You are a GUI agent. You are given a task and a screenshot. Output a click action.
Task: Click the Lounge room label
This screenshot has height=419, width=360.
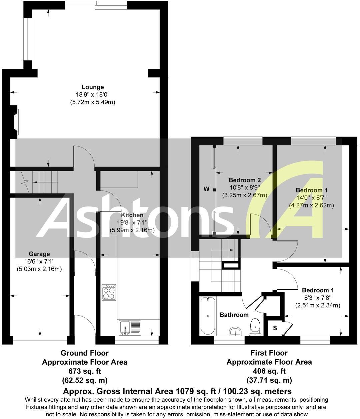[x=93, y=87]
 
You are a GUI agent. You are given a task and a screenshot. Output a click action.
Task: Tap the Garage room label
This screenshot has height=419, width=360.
[x=39, y=254]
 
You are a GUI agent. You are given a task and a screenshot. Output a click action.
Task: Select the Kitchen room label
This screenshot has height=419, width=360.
[x=132, y=215]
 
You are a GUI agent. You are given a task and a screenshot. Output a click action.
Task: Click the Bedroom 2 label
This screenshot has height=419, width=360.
[x=244, y=180]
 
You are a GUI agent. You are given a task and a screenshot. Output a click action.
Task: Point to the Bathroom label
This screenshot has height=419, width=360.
[x=234, y=315]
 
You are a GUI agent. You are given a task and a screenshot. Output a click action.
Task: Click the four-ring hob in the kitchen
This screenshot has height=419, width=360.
[x=109, y=292]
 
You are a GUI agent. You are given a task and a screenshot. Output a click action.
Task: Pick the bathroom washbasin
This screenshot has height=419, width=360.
[x=235, y=331]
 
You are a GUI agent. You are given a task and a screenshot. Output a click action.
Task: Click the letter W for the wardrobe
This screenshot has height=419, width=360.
[x=207, y=189]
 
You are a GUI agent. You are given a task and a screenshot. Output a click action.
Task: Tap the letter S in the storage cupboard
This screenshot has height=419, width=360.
[x=275, y=328]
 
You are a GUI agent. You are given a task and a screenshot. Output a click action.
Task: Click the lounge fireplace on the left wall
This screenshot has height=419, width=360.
[x=14, y=121]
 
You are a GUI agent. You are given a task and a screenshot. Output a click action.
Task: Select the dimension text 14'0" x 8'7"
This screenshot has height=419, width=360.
[x=311, y=197]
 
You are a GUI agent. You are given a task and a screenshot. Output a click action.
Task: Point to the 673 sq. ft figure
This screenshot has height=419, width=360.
[x=84, y=371]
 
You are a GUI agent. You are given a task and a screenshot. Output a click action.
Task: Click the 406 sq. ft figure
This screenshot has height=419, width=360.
[x=269, y=371]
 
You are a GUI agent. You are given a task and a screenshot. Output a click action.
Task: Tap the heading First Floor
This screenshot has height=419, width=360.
[x=269, y=353]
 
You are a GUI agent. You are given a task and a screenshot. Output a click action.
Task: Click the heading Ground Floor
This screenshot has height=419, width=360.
[x=84, y=353]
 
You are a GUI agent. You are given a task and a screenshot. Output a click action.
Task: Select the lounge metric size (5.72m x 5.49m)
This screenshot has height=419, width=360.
[x=93, y=102]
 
